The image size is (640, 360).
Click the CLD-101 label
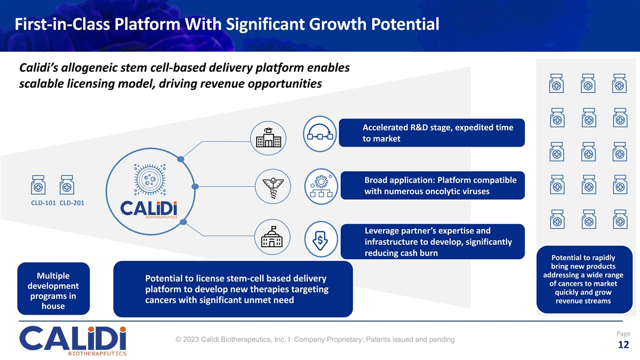pyautogui.click(x=43, y=203)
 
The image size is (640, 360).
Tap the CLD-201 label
pyautogui.click(x=71, y=203)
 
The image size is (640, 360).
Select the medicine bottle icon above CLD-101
pyautogui.click(x=38, y=185)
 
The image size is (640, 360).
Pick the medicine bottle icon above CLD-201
pyautogui.click(x=67, y=185)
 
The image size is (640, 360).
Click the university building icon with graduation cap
pyautogui.click(x=268, y=138)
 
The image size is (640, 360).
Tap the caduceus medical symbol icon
pyautogui.click(x=273, y=187)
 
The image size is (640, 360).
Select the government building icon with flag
pyautogui.click(x=272, y=237)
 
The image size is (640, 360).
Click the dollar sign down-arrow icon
pyautogui.click(x=321, y=239)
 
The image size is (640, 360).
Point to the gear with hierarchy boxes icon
pyautogui.click(x=322, y=186)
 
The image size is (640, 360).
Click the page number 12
pyautogui.click(x=623, y=345)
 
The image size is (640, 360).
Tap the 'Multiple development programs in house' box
pyautogui.click(x=53, y=289)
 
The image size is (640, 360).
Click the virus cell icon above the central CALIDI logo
pyautogui.click(x=150, y=179)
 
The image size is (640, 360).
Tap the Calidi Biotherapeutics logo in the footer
pyautogui.click(x=73, y=341)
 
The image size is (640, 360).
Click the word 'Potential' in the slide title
pyautogui.click(x=405, y=24)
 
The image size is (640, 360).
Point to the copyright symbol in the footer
pyautogui.click(x=178, y=339)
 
